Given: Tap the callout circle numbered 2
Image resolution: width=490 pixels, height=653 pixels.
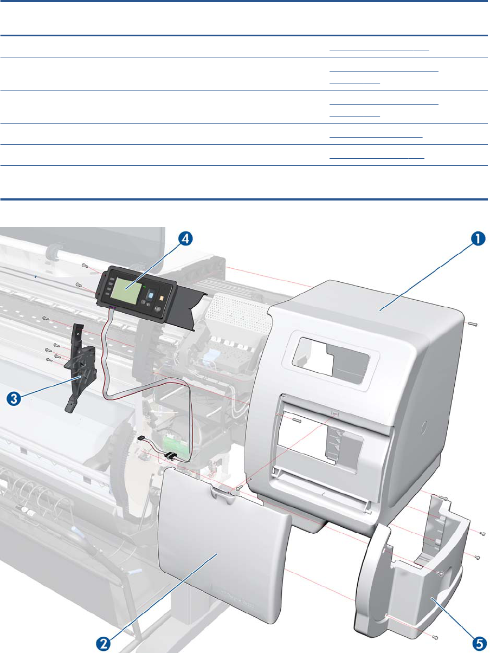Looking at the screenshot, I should pyautogui.click(x=105, y=643).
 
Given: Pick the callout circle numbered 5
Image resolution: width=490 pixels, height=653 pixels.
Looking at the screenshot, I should pyautogui.click(x=478, y=643).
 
